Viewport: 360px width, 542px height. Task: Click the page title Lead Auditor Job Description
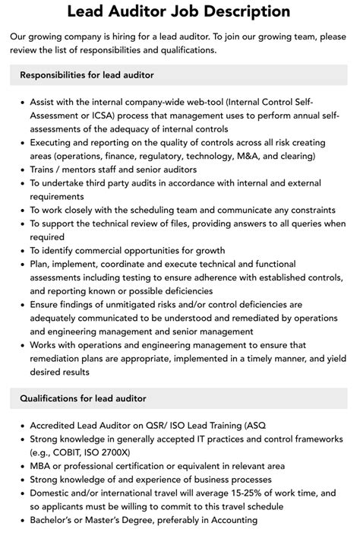pyautogui.click(x=179, y=11)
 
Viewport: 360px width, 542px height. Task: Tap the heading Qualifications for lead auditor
pyautogui.click(x=83, y=398)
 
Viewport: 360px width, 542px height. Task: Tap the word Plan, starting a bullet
pyautogui.click(x=43, y=265)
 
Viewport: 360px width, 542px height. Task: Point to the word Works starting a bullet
pyautogui.click(x=46, y=345)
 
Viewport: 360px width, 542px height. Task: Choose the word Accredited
pyautogui.click(x=56, y=425)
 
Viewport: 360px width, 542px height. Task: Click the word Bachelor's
pyautogui.click(x=55, y=520)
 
